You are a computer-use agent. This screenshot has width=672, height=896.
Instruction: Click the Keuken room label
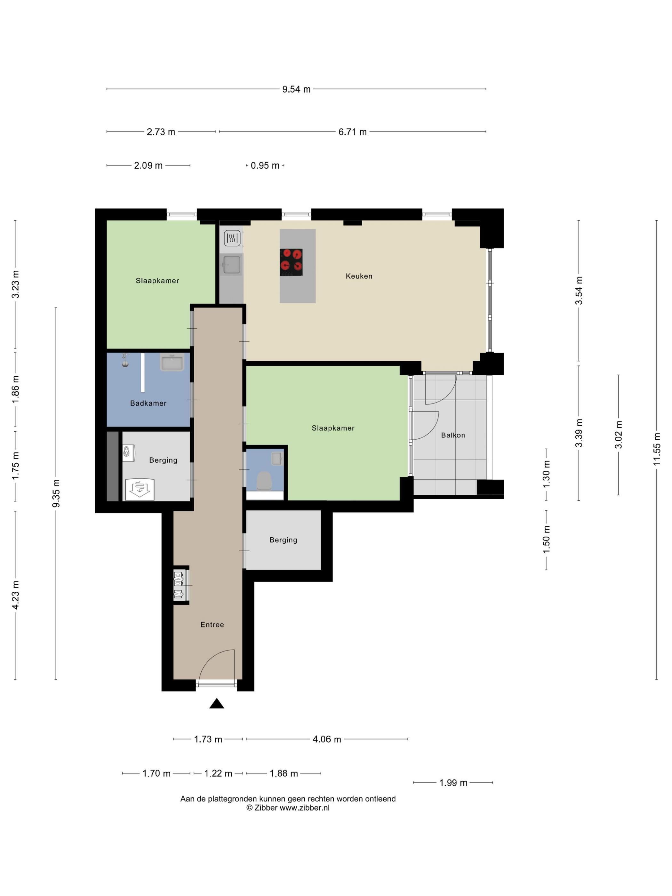pyautogui.click(x=359, y=276)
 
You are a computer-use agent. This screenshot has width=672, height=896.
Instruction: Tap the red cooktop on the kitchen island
pyautogui.click(x=291, y=262)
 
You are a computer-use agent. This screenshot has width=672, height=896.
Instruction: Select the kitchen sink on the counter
pyautogui.click(x=232, y=265)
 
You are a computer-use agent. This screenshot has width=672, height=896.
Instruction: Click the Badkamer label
pyautogui.click(x=148, y=404)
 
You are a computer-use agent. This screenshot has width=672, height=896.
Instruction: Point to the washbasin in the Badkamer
pyautogui.click(x=172, y=362)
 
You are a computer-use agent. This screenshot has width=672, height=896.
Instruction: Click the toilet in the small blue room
pyautogui.click(x=264, y=480)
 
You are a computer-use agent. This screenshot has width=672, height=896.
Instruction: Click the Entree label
pyautogui.click(x=212, y=625)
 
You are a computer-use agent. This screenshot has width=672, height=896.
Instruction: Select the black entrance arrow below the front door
pyautogui.click(x=217, y=704)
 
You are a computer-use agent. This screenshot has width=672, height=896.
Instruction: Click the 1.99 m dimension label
pyautogui.click(x=453, y=783)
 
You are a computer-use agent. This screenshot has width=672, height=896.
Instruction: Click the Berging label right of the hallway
pyautogui.click(x=283, y=540)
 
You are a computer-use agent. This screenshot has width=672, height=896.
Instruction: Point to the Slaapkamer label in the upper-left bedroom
pyautogui.click(x=157, y=281)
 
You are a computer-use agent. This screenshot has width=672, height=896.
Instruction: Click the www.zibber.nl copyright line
pyautogui.click(x=288, y=808)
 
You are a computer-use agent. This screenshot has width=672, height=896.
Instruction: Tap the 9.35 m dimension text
pyautogui.click(x=56, y=493)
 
